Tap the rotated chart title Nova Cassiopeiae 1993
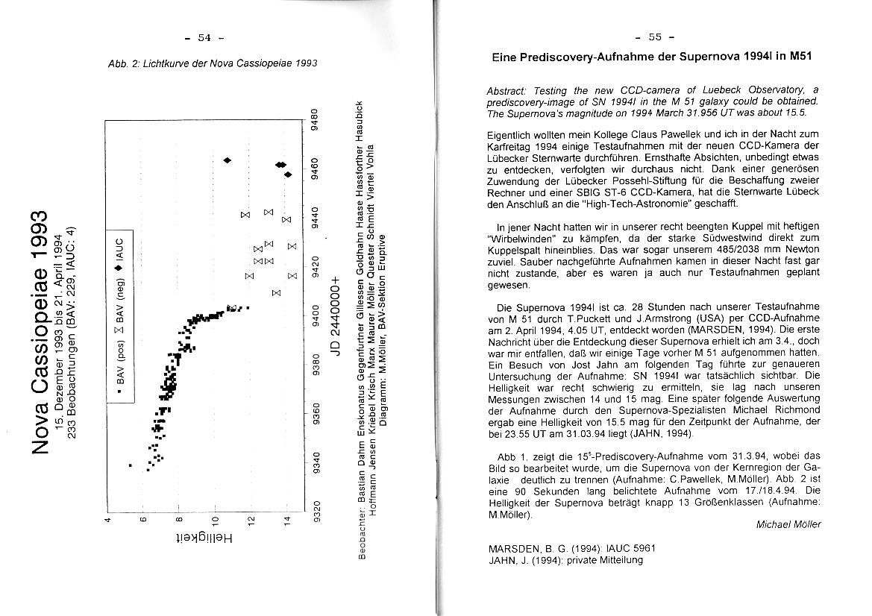[x=42, y=327]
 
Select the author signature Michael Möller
[x=788, y=524]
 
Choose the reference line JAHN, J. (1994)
[x=565, y=560]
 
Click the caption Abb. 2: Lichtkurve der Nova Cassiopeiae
[x=213, y=63]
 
